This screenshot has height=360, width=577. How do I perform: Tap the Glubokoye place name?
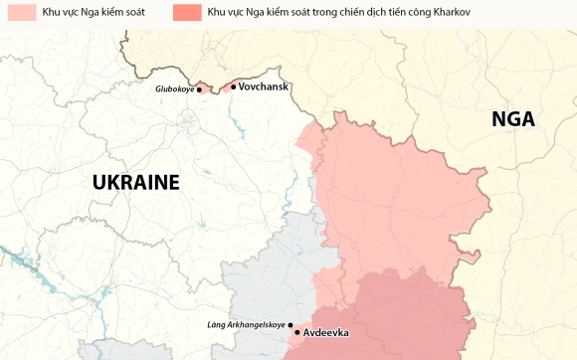(x=174, y=90)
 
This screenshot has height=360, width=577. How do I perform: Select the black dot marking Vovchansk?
(x=234, y=87)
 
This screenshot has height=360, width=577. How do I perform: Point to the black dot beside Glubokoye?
(x=199, y=90)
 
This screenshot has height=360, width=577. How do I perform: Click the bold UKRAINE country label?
(x=135, y=182)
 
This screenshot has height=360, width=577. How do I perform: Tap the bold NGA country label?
(x=513, y=119)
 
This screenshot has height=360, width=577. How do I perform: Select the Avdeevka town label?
(x=326, y=332)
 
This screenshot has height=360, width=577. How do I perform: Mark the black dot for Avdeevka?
(x=297, y=332)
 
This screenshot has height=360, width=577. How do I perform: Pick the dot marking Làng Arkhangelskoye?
(x=290, y=324)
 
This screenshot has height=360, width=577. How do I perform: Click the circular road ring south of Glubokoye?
(x=186, y=123)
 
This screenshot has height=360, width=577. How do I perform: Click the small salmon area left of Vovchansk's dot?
(x=225, y=85)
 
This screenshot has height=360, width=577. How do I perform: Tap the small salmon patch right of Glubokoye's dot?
(x=207, y=87)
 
